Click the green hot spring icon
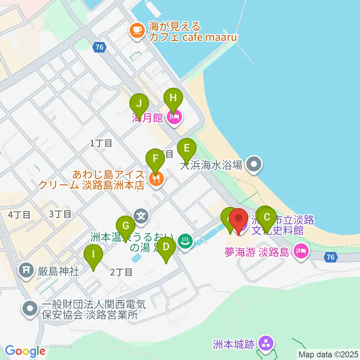184,241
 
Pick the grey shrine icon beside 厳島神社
27,270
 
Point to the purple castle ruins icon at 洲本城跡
267,343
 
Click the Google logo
25,351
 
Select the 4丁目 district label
19,215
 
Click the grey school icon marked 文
141,216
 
